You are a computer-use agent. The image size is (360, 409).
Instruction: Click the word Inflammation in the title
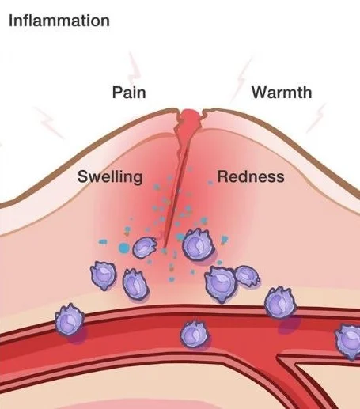[x=59, y=21]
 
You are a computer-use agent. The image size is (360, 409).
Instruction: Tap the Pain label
[x=129, y=93]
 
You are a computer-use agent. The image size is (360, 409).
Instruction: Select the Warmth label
[x=282, y=93]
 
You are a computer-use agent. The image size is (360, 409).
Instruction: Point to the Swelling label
[x=110, y=176]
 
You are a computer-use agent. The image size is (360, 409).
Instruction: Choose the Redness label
[x=251, y=176]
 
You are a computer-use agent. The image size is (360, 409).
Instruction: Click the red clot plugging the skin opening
[x=191, y=116]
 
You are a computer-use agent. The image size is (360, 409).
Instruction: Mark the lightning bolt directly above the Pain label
[x=134, y=67]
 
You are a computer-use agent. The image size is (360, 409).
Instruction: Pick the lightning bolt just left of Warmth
[x=241, y=79]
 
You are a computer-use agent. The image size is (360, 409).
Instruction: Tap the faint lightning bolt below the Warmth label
[x=316, y=118]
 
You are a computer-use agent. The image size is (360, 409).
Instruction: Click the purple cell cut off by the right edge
[x=348, y=341]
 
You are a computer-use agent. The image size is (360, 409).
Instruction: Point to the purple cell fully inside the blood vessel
[x=194, y=334]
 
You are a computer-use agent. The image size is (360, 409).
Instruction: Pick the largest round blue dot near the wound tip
[x=124, y=248]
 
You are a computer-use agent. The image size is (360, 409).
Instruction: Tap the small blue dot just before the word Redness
[x=210, y=183]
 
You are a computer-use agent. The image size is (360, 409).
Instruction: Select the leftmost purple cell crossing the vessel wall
[x=70, y=320]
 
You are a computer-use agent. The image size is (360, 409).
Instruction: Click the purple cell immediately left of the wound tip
[x=145, y=247]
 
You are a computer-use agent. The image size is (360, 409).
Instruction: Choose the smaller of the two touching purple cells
[x=247, y=276]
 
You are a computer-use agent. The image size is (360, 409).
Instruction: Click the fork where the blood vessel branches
[x=279, y=358]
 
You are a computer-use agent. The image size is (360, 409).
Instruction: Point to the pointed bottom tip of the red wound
[x=165, y=248]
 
